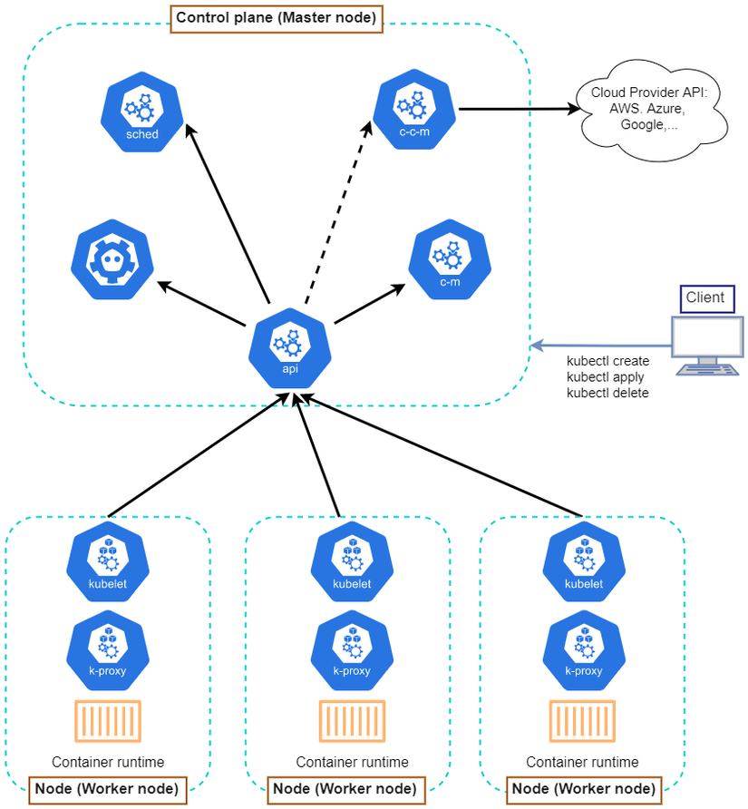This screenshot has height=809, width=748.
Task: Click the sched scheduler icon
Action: [x=141, y=113]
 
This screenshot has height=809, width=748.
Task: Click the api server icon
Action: [x=289, y=348]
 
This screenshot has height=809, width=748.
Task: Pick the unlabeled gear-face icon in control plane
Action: [x=112, y=260]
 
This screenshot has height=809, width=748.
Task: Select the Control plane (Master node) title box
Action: [x=277, y=18]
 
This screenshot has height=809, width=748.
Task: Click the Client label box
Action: [x=705, y=297]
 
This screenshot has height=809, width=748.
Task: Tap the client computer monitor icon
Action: [x=706, y=345]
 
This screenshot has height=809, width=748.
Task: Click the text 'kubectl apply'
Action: [x=606, y=377]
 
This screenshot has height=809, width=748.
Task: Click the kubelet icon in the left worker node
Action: [x=107, y=562]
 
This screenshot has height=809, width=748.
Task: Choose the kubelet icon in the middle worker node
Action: [x=352, y=562]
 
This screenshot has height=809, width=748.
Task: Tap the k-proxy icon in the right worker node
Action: [x=583, y=649]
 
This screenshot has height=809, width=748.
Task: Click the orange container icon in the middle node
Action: [x=351, y=722]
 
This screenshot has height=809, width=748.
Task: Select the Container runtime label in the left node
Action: [x=108, y=763]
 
